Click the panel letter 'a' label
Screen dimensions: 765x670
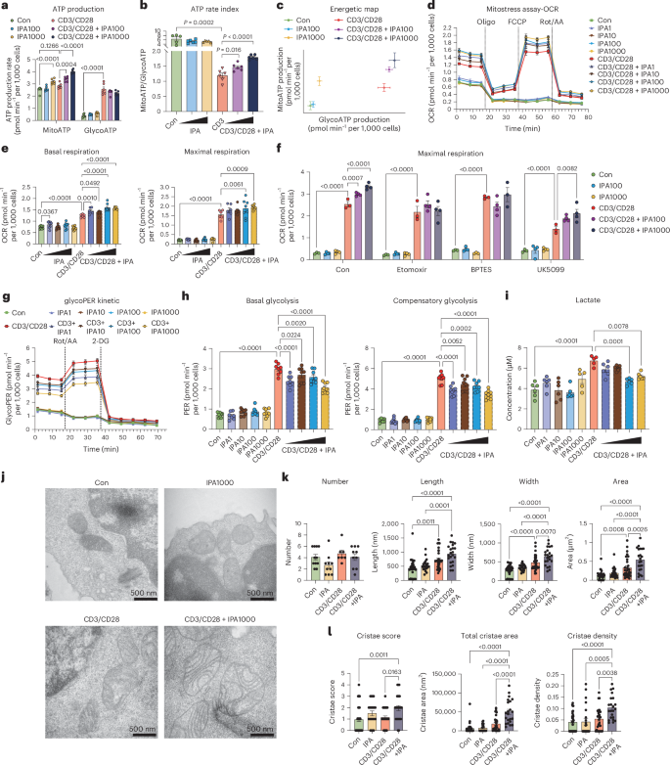pos(5,6)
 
